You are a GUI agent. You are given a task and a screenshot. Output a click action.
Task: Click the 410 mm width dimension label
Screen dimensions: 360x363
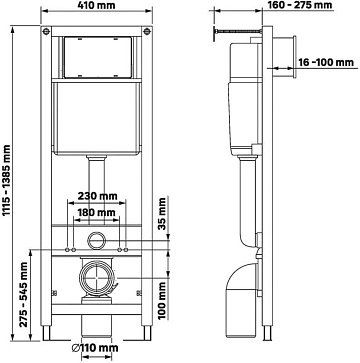97,5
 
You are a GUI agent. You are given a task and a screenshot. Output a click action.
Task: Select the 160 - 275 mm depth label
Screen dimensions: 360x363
300,5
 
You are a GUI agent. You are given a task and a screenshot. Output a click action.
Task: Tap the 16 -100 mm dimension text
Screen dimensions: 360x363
326,62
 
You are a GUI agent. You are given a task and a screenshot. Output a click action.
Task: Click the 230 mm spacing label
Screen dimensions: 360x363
97,196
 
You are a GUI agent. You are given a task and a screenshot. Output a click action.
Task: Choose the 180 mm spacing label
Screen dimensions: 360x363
97,212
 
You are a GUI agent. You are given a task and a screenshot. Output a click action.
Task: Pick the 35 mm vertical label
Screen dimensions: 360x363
162,213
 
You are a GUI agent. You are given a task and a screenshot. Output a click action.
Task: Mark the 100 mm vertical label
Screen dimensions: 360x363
162,301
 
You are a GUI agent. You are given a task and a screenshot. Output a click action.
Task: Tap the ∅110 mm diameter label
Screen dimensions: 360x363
95,348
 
